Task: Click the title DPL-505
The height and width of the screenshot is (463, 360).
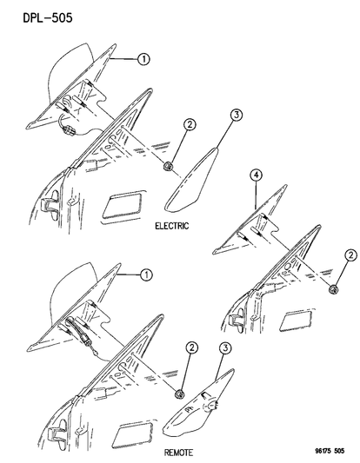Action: coord(48,18)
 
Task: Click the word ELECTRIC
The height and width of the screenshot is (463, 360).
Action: coord(171,226)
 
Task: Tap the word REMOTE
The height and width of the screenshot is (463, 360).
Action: coord(178,453)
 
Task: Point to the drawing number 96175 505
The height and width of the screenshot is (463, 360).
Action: coord(330,451)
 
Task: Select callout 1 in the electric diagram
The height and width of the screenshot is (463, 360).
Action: coord(143,59)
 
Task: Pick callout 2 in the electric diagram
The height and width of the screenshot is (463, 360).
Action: coord(190,124)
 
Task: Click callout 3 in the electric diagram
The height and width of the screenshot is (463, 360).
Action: coord(237,115)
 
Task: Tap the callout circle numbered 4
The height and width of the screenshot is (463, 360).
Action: coord(256,175)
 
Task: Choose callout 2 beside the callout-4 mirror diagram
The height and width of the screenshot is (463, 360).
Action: coord(350,255)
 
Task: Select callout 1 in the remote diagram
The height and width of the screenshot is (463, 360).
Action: coord(146,274)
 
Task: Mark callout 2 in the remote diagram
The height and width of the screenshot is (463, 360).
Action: coord(192,347)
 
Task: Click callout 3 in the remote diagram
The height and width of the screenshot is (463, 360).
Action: coord(225,347)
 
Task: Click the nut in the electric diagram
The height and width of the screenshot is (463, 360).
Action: coord(168,166)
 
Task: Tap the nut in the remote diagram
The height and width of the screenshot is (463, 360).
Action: coord(180,394)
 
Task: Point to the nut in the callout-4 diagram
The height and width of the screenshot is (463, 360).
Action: coord(334,289)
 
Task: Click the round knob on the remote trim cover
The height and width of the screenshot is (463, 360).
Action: coord(210,407)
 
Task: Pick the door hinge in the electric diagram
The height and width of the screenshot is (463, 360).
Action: coord(50,202)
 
